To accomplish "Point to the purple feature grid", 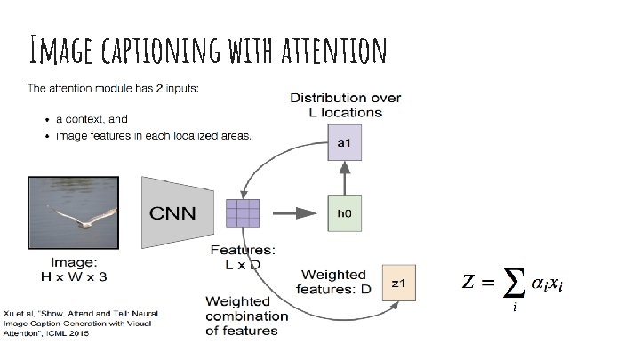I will (x=244, y=213).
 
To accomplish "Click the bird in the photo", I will (x=80, y=217).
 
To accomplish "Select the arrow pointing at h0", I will (x=294, y=213).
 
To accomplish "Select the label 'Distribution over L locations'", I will (x=346, y=105).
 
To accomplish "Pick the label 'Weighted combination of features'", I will (x=246, y=316).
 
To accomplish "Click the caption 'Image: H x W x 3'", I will (x=75, y=270).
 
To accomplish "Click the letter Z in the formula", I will (x=468, y=283).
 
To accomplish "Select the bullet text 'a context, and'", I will (x=92, y=119).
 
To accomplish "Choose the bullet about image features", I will (x=154, y=136).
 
